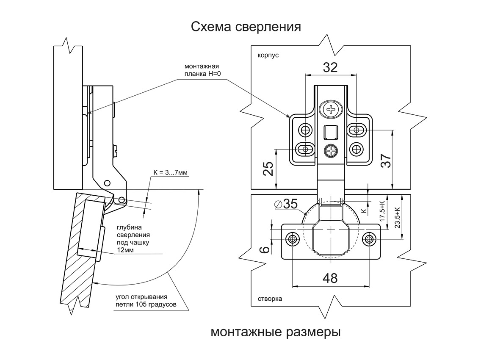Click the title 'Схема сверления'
tap(246, 27)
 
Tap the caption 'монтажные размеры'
tap(276, 331)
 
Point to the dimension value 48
tap(330, 278)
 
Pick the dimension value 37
tap(386, 161)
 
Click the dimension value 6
tap(265, 249)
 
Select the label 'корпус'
tap(268, 55)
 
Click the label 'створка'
tap(270, 299)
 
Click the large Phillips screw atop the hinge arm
tap(331, 109)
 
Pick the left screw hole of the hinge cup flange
tap(292, 239)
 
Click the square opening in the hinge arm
tap(331, 133)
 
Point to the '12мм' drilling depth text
tap(125, 250)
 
